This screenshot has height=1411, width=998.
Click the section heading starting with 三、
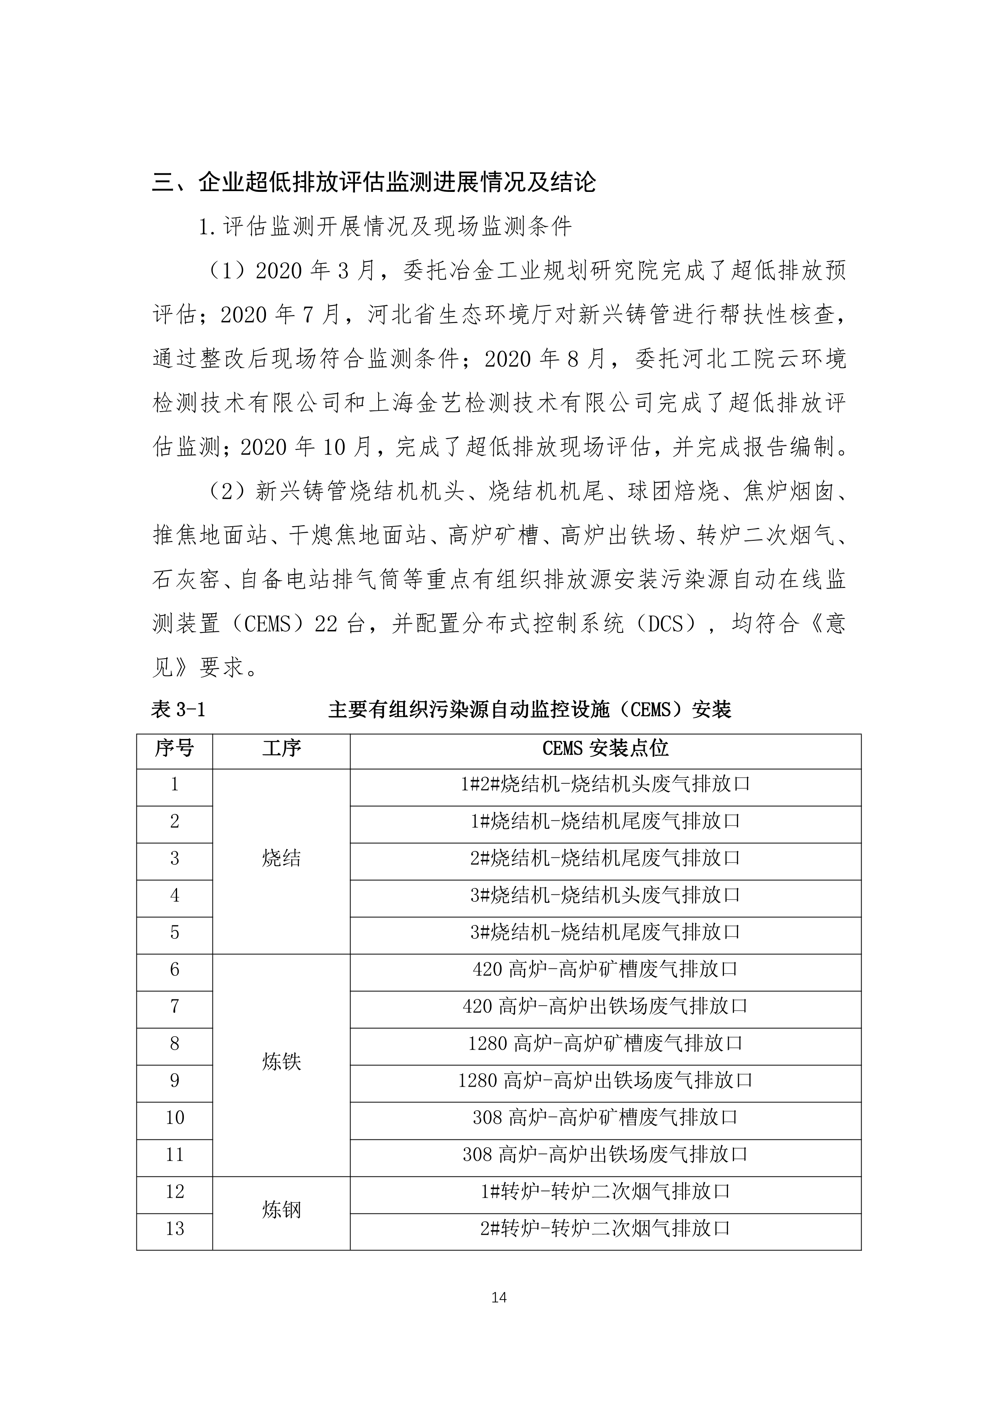click(373, 183)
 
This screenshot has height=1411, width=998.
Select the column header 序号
click(175, 748)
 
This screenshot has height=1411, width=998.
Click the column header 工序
click(281, 748)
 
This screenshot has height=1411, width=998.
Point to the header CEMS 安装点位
click(605, 748)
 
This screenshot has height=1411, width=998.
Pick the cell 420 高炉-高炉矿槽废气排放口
click(605, 970)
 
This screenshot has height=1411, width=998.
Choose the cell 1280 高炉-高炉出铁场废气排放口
click(605, 1080)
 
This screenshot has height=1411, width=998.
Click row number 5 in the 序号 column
click(175, 932)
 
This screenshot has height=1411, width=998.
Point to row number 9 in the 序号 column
click(175, 1080)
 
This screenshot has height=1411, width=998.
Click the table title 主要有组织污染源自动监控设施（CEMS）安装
click(530, 711)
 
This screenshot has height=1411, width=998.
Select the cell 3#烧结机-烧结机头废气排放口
click(605, 895)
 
